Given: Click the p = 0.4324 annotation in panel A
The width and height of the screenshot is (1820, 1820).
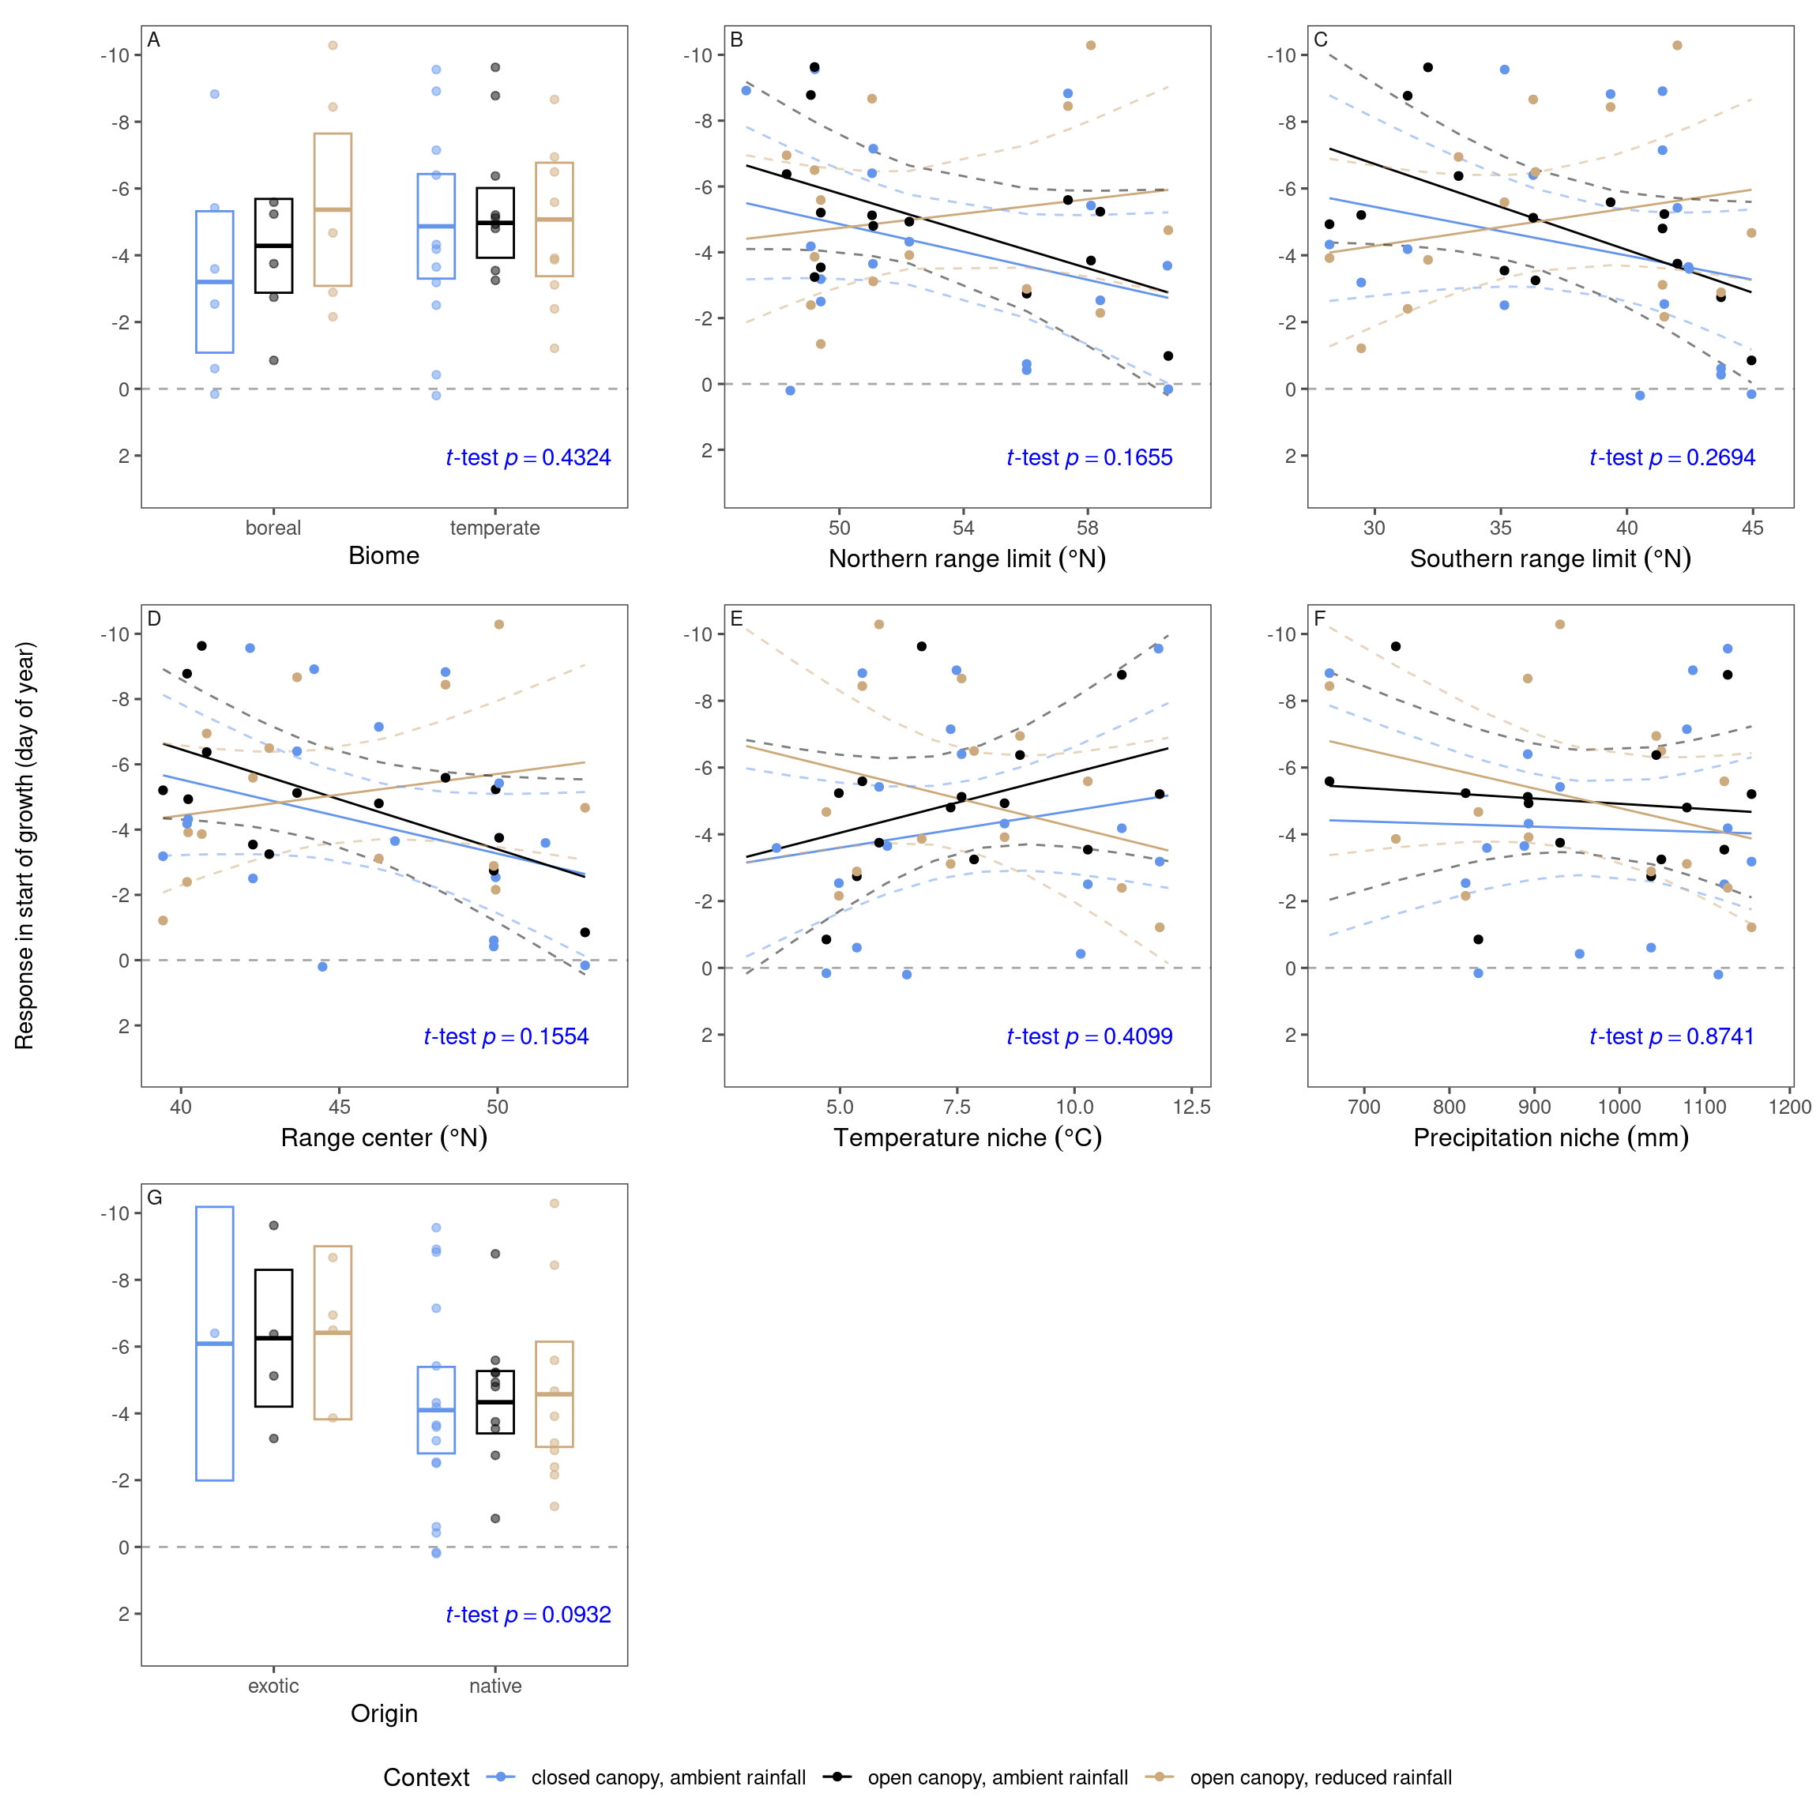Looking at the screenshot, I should click(x=528, y=458).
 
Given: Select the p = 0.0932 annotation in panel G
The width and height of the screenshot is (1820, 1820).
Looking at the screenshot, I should click(x=528, y=1615).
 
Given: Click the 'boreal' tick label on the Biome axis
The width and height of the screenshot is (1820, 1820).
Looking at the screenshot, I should click(x=273, y=528).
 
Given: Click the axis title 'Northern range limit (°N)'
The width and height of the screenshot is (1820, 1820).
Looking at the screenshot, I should click(x=967, y=558).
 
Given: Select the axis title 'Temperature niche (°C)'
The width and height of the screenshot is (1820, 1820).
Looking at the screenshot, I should click(x=967, y=1138).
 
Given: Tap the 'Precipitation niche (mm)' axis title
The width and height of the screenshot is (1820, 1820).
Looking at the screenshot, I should click(x=1551, y=1138).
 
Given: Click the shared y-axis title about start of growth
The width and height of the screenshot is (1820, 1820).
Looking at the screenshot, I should click(x=24, y=845).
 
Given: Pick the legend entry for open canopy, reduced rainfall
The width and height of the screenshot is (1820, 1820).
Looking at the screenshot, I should click(x=1320, y=1777).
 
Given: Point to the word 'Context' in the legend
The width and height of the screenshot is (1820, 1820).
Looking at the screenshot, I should click(x=426, y=1777).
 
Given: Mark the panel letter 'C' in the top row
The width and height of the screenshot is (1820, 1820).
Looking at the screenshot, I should click(x=1320, y=39).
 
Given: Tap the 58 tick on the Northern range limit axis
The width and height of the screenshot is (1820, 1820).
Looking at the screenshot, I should click(x=1087, y=528).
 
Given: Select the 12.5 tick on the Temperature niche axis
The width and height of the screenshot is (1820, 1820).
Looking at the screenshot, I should click(x=1192, y=1107).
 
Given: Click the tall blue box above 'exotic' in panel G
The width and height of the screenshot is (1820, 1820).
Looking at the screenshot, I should click(x=215, y=1344).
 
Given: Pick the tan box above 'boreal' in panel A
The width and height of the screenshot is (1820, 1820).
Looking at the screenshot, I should click(x=333, y=209).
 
